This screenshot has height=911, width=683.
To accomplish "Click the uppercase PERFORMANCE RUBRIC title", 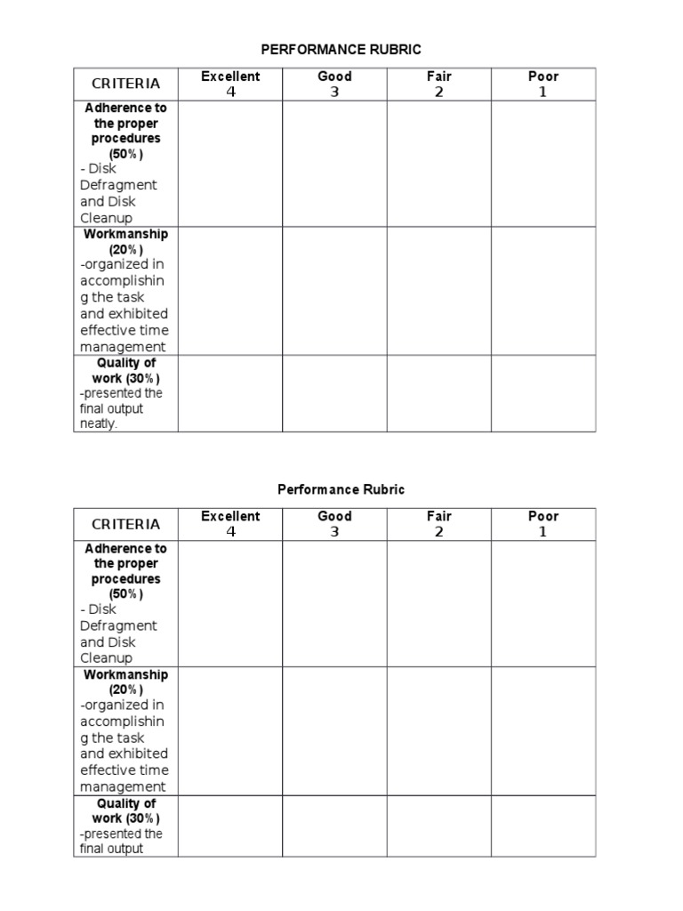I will pos(341,50).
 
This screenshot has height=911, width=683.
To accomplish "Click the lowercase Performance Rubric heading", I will pos(341,489).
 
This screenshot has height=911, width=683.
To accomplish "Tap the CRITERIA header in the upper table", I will pos(126,84).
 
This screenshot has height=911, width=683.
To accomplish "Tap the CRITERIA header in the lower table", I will pos(126,524).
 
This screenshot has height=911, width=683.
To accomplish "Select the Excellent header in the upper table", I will pos(230,77).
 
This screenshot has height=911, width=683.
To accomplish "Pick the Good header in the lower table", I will pos(334,516).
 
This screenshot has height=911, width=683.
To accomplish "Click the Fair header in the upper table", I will pos(438,77).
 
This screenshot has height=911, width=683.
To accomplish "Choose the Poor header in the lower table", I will pos(543,516).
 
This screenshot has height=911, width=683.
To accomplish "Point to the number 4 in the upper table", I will pos(231,92).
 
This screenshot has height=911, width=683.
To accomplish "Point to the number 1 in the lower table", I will pos(542,532).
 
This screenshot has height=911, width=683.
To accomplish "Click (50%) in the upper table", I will pos(126,154).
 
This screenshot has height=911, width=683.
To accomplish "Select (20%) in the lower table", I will pos(126,689).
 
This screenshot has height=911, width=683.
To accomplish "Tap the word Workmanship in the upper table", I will pos(126,234).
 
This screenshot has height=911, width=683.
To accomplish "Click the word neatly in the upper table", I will pos(99,424).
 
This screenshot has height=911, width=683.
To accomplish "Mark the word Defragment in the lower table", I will pos(118,625).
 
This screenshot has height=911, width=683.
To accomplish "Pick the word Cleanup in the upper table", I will pos(106,218).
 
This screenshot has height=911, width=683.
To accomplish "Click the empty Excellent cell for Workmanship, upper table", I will pos(230,291).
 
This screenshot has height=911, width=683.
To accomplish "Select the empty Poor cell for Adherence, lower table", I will pos(543,604).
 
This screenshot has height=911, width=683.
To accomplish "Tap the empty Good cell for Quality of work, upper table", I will pos(334,393).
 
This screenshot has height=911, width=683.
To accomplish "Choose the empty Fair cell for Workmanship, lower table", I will pos(438,731).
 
